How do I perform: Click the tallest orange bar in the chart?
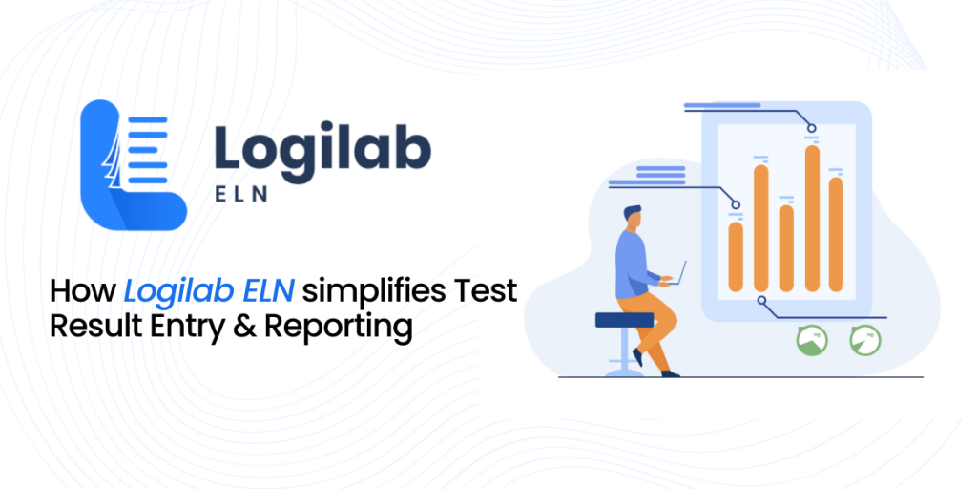pyautogui.click(x=812, y=219)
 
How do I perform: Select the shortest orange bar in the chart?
pyautogui.click(x=736, y=256)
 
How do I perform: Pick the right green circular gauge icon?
pyautogui.click(x=865, y=341)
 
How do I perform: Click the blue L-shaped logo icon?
pyautogui.click(x=134, y=165)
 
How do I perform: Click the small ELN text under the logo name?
pyautogui.click(x=241, y=194)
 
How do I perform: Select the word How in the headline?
pyautogui.click(x=84, y=291)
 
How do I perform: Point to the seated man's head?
pyautogui.click(x=632, y=218)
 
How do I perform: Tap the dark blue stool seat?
pyautogui.click(x=625, y=320)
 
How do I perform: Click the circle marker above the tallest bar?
pyautogui.click(x=812, y=129)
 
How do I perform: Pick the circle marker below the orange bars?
pyautogui.click(x=761, y=301)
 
